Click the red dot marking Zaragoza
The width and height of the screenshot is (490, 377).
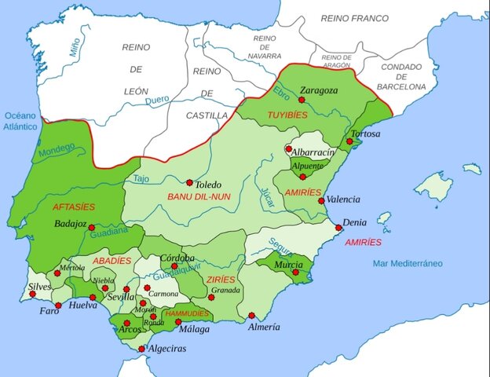[302, 101]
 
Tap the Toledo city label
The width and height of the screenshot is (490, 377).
[208, 185]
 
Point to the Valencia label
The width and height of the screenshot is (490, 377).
[344, 199]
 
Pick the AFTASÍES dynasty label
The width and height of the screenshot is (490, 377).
[73, 207]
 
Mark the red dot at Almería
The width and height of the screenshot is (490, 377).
[252, 316]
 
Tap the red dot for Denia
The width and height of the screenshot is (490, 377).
[338, 228]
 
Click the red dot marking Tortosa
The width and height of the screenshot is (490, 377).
[349, 141]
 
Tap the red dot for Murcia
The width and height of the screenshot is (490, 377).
[295, 272]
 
